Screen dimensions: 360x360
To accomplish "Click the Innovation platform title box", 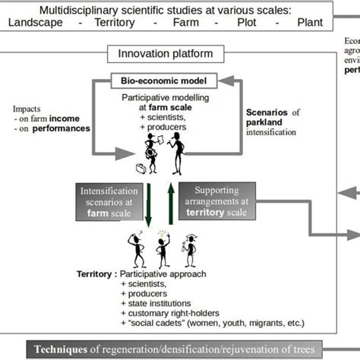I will [159, 54].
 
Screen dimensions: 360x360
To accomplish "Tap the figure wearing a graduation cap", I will [189, 246].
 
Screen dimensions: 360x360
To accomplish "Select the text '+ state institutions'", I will [159, 302].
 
